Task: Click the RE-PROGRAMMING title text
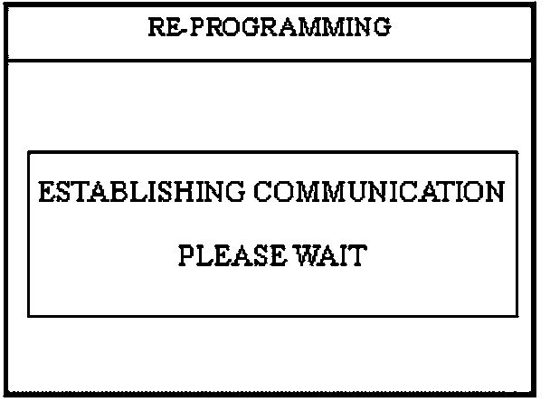(x=269, y=27)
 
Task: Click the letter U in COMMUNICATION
(x=382, y=193)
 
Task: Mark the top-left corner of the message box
(x=29, y=152)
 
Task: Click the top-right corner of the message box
(x=518, y=152)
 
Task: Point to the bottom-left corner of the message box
(x=29, y=316)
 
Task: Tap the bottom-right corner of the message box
(x=518, y=316)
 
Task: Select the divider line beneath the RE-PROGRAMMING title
(x=269, y=62)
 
